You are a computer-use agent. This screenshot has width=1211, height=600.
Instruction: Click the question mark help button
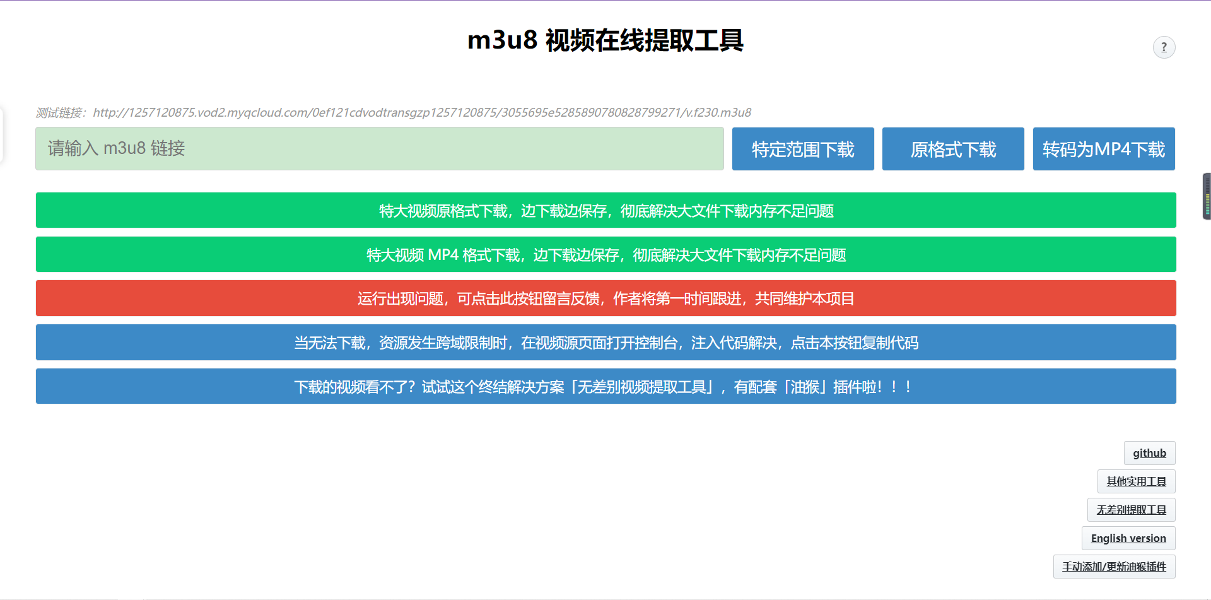1164,47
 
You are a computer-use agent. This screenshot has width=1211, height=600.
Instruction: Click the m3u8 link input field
380,149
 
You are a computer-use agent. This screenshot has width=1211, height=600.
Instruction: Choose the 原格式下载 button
953,149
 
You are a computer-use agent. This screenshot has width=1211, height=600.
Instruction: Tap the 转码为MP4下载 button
1104,149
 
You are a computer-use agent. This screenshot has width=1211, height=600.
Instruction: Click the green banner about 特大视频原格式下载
606,210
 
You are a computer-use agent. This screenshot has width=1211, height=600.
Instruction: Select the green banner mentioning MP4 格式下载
606,254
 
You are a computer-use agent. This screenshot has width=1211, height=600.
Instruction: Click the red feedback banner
606,298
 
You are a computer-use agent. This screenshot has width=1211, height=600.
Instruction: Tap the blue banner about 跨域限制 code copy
606,342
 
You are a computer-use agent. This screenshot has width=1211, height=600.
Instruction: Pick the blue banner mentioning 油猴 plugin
606,386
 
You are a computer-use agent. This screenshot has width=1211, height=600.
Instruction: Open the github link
1149,453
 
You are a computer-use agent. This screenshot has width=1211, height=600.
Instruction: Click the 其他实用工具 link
1136,481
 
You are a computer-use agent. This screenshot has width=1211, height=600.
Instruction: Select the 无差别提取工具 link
1131,510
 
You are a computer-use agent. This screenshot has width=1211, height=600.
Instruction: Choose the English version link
1128,538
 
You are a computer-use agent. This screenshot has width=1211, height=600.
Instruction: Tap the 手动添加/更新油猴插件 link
1114,567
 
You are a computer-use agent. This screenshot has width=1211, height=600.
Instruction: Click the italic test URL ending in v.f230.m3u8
422,112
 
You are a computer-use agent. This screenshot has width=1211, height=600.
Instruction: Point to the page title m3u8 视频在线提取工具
605,40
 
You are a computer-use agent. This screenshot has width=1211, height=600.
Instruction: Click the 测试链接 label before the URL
61,112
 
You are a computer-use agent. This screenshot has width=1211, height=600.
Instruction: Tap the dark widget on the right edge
1207,196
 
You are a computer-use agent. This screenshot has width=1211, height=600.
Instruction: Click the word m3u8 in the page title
502,40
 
